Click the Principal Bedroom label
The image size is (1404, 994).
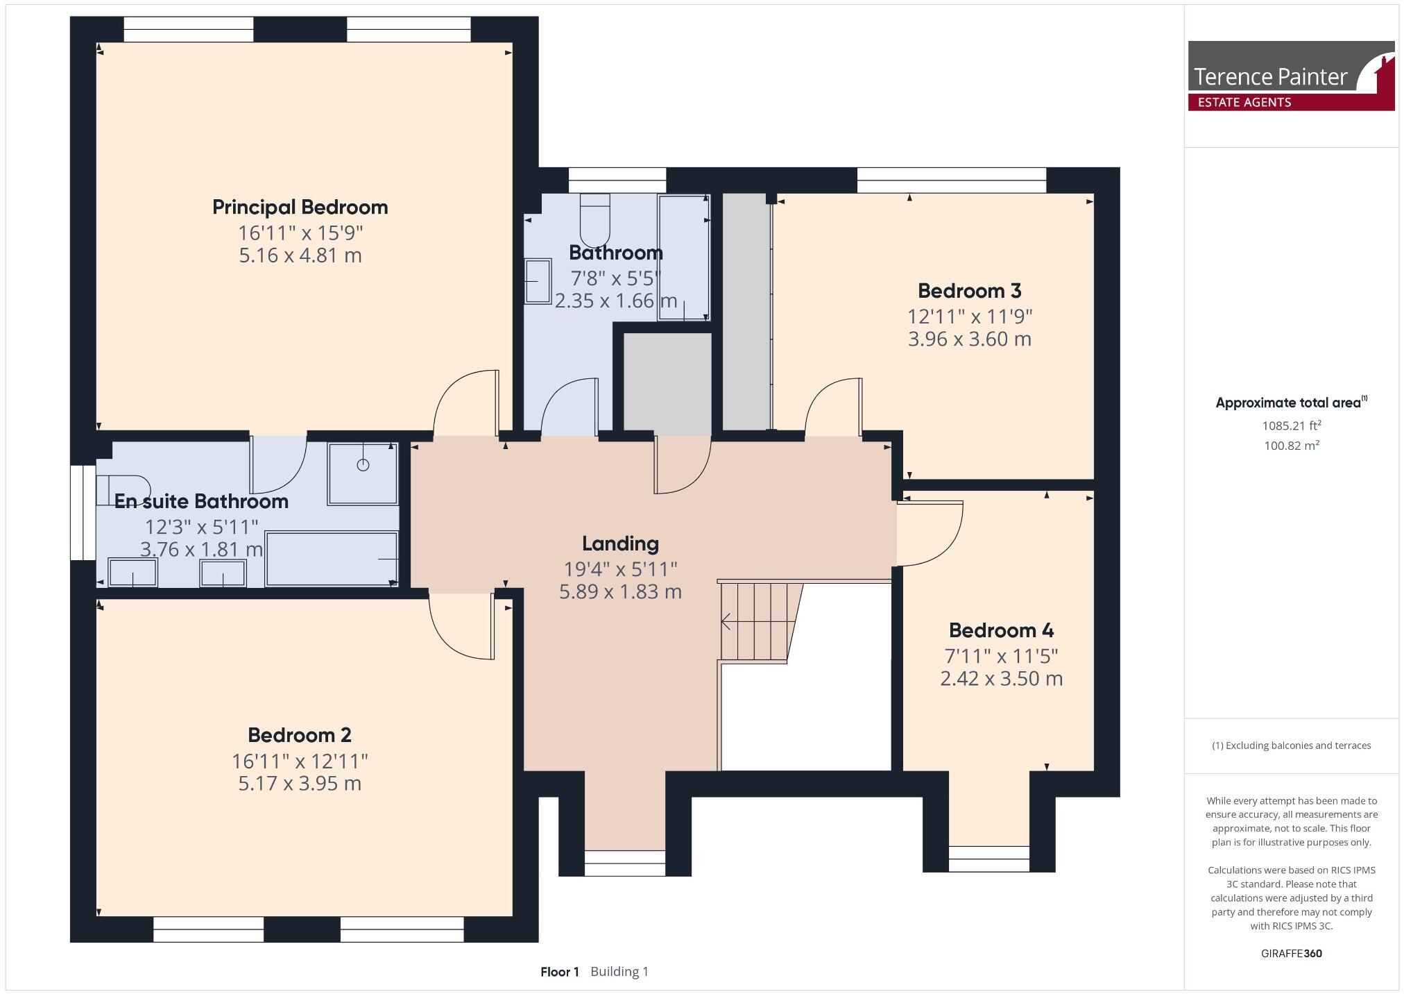coord(300,207)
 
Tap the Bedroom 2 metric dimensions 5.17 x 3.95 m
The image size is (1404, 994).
coord(300,784)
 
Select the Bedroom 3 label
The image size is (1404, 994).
coord(969,290)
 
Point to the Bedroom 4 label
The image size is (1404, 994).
coord(1001,630)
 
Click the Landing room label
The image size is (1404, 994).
coord(620,544)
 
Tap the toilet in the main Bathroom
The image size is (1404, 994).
coord(594,215)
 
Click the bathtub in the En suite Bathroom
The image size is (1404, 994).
coord(332,559)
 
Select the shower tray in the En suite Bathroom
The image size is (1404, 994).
coord(363,473)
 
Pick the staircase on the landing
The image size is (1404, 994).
coord(756,621)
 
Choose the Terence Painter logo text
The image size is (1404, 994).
coord(1270,76)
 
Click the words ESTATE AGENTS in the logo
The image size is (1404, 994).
coord(1244,103)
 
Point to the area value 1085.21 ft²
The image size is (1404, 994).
coord(1291,426)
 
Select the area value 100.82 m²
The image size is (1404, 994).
coord(1291,446)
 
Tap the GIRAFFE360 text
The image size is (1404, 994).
coord(1291,953)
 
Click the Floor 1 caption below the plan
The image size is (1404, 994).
coord(559,972)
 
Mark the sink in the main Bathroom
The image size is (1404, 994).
coord(538,281)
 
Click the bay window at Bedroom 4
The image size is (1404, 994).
coord(988,858)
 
